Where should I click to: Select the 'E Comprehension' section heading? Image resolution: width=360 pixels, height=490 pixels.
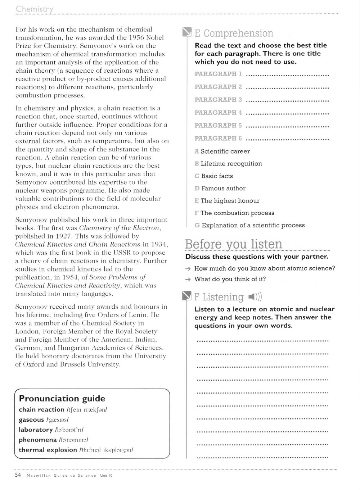[234, 33]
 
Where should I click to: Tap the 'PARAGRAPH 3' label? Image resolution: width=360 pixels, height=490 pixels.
[218, 100]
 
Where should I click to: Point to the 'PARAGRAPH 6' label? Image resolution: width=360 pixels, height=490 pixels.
[218, 138]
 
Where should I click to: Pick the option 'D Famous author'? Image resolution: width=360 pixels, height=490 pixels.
[220, 189]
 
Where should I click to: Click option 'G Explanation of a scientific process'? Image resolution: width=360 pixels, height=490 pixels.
[249, 226]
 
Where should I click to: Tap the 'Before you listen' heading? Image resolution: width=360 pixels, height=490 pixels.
[234, 244]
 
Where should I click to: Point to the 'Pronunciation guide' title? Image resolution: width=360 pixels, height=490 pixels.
[62, 399]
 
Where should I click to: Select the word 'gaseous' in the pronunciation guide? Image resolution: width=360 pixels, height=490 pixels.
[31, 420]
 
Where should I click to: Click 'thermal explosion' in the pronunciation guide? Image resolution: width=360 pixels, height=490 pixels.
[48, 450]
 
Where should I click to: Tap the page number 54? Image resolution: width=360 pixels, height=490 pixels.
[18, 475]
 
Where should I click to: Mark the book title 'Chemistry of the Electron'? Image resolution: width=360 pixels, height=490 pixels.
[120, 228]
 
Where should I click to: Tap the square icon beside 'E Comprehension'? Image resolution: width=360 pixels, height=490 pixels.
[187, 33]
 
